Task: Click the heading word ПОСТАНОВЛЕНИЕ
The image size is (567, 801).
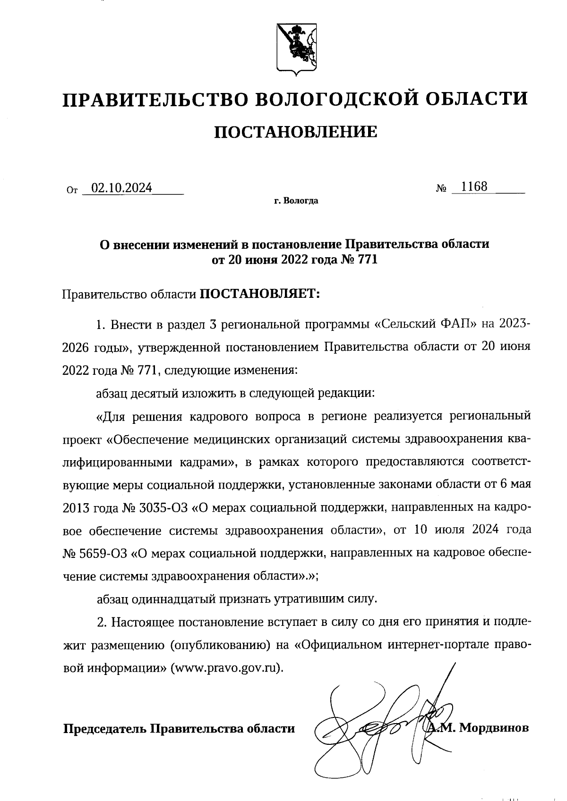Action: [296, 132]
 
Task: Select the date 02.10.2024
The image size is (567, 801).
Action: [122, 188]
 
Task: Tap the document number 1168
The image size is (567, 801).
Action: [474, 186]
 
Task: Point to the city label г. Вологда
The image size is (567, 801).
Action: [296, 202]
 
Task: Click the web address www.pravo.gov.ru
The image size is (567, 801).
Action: [226, 669]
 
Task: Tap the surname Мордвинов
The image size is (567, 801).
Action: [494, 728]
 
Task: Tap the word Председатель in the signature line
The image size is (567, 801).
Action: [105, 728]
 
